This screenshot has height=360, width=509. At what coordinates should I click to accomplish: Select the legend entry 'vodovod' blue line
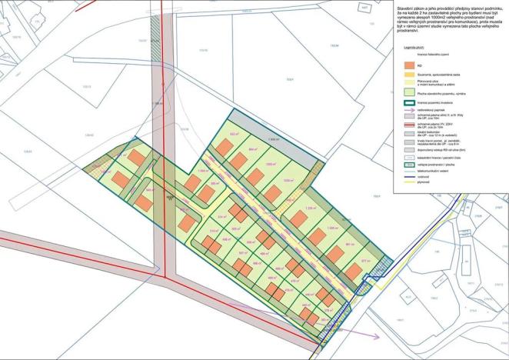point(408,177)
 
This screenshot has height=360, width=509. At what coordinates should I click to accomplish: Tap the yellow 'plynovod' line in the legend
point(408,182)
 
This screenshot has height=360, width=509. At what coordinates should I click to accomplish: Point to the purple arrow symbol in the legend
point(409,109)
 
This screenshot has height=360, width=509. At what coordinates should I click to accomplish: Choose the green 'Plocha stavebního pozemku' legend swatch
point(408,92)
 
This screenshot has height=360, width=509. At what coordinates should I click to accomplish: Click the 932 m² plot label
point(234,134)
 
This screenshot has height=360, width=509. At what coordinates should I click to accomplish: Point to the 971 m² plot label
point(365,261)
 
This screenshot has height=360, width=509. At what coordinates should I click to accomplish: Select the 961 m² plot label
point(350,244)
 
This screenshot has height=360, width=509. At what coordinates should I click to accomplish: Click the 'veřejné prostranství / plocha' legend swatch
point(408,165)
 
